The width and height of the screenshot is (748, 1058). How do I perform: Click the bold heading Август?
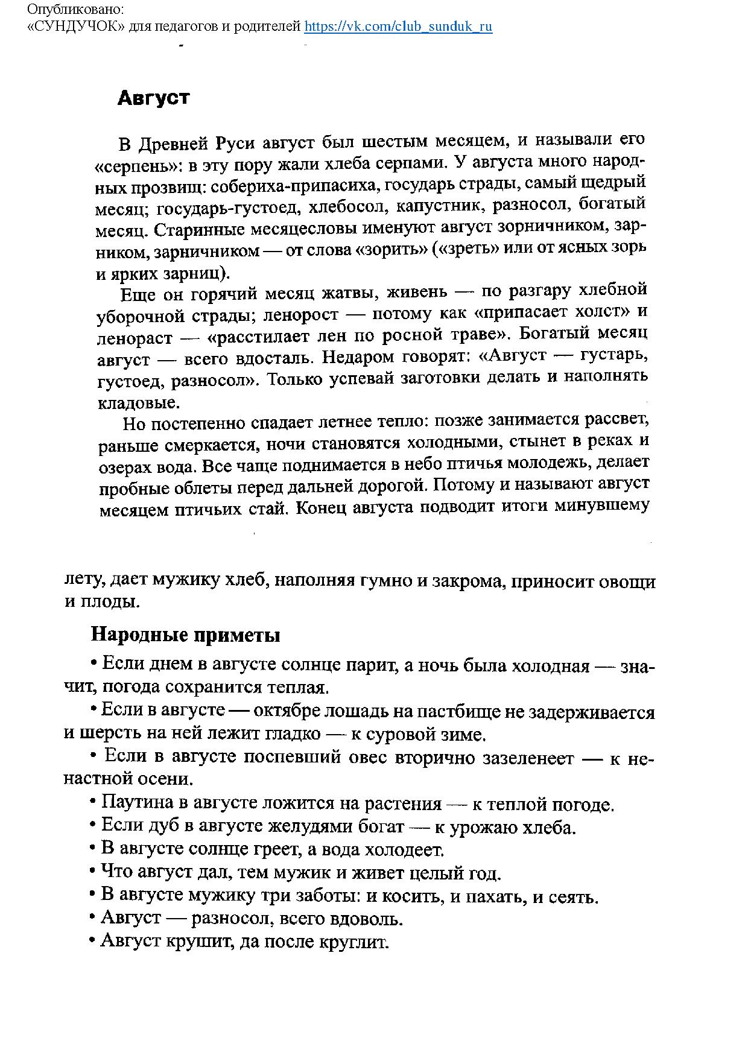(x=153, y=98)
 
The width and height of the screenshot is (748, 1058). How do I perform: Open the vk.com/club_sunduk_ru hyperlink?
(x=398, y=27)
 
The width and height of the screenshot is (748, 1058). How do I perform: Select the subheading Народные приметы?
(x=185, y=635)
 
